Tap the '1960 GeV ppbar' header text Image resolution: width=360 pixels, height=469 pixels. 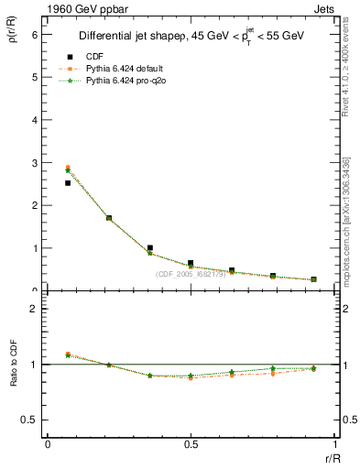coord(82,7)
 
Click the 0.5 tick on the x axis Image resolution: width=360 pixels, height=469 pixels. coord(191,444)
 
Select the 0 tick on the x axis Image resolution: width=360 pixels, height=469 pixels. coord(48,444)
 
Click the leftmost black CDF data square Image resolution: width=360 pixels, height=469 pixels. coord(68,183)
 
